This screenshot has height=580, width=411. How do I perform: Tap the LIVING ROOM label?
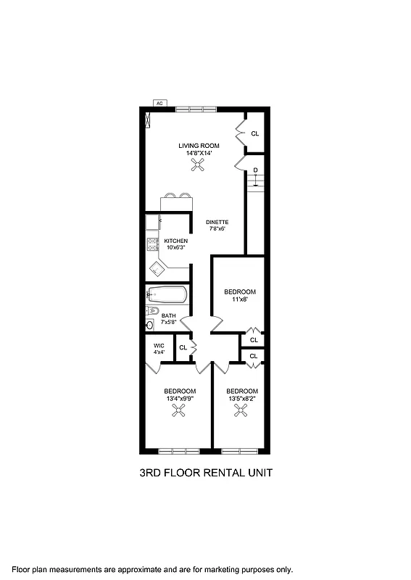coord(199,146)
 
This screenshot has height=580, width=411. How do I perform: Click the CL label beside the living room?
coord(254,133)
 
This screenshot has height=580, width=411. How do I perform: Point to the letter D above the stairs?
coord(255,170)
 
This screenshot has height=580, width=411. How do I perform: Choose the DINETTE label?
coord(217,222)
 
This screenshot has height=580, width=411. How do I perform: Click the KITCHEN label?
coord(175,241)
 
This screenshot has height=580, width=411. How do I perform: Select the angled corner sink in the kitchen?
coord(157,269)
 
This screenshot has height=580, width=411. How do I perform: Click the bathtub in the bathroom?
coord(167,295)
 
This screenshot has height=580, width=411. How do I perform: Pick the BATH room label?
coord(168,315)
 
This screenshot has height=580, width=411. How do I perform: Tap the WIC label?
coord(159,345)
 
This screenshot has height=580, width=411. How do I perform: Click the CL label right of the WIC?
coord(183,347)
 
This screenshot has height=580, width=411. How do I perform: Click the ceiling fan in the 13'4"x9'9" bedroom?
coord(178,411)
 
